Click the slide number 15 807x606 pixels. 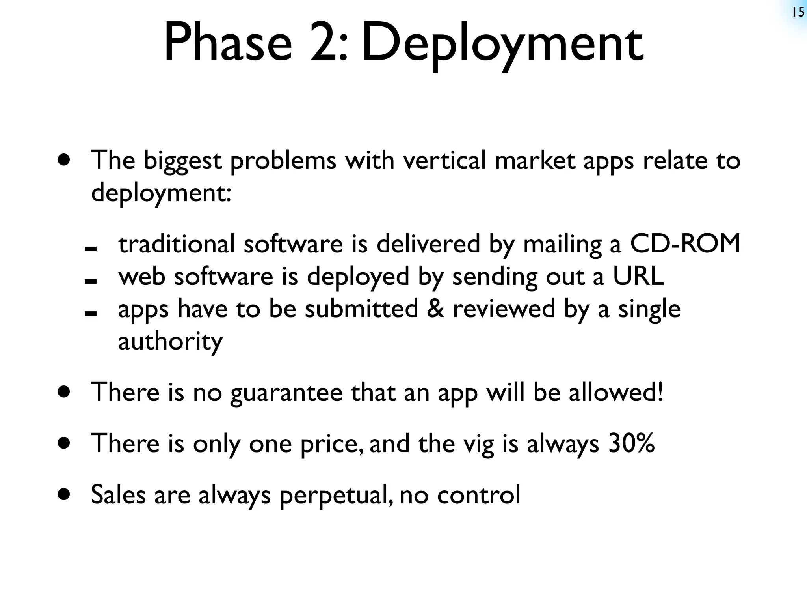pyautogui.click(x=798, y=13)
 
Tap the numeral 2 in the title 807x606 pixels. pyautogui.click(x=324, y=42)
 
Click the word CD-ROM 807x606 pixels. pyautogui.click(x=685, y=243)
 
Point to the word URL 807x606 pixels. pyautogui.click(x=638, y=276)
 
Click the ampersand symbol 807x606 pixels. pyautogui.click(x=435, y=309)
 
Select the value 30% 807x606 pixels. pyautogui.click(x=631, y=443)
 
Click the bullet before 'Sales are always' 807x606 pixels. pyautogui.click(x=63, y=494)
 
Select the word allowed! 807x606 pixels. pyautogui.click(x=616, y=392)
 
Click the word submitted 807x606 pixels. pyautogui.click(x=361, y=309)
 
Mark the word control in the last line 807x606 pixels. pyautogui.click(x=479, y=494)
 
